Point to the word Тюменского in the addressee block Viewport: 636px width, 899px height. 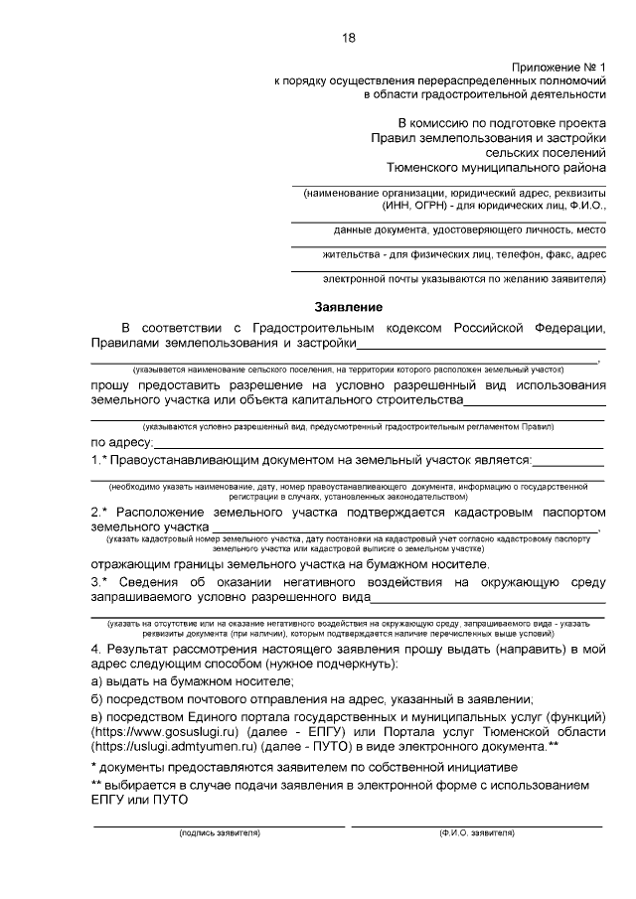[x=428, y=169]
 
